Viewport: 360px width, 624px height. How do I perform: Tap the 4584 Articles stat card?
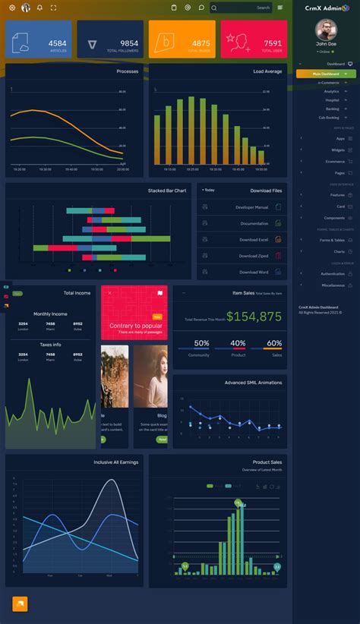(39, 39)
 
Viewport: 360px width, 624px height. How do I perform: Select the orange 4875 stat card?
(182, 39)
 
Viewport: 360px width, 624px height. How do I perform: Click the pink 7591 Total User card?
(254, 39)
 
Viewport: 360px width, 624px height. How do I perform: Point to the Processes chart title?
(127, 71)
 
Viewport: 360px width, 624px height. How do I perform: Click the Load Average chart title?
(267, 71)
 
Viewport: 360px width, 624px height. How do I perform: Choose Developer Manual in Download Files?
(251, 207)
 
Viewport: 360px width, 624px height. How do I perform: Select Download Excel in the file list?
(253, 239)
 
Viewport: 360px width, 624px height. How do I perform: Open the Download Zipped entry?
(253, 256)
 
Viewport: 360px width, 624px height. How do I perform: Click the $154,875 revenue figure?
(254, 317)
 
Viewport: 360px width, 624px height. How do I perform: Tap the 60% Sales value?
(274, 344)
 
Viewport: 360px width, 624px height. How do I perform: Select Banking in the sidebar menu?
(332, 109)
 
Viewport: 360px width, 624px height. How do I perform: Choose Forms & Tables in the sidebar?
(332, 240)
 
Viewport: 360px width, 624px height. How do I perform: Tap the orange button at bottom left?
(20, 604)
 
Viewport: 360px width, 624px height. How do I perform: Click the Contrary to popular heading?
(135, 326)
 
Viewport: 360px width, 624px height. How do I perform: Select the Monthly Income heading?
(50, 314)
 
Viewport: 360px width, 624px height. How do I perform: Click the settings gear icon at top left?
(11, 8)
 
